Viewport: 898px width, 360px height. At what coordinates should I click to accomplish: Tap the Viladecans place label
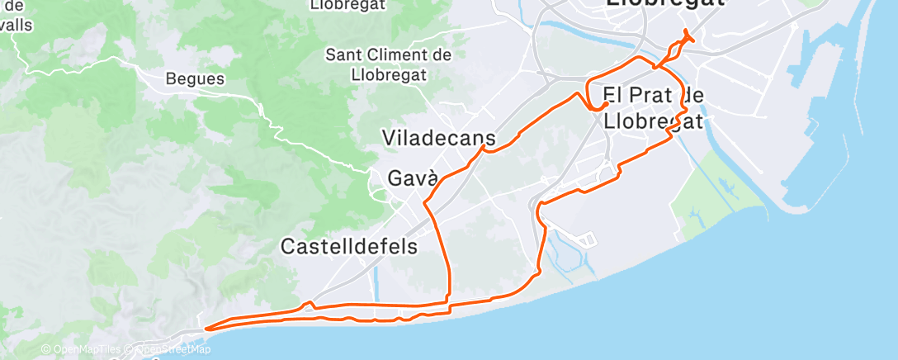[439, 138]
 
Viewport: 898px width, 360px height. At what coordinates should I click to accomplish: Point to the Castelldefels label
[349, 246]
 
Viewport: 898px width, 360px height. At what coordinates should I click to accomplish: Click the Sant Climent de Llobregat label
[388, 64]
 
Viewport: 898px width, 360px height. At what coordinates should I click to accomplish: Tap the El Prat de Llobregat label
[654, 108]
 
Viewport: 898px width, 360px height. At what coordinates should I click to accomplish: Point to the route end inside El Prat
[607, 104]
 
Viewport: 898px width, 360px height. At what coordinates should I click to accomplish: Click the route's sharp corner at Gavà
[424, 202]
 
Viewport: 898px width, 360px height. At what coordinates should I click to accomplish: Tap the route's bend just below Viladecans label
[484, 149]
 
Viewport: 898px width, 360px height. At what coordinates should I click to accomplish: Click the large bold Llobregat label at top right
[664, 4]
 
